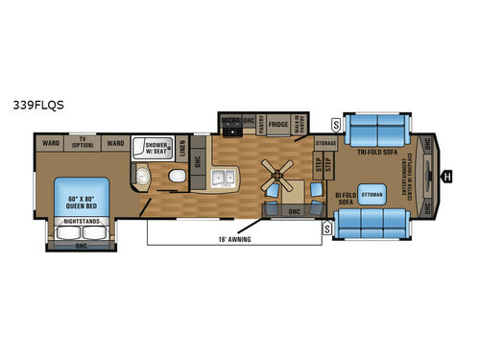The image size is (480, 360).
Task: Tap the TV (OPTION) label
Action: pyautogui.click(x=82, y=143)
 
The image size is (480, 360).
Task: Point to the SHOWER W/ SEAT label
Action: pyautogui.click(x=157, y=146)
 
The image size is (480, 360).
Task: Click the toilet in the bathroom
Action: pyautogui.click(x=174, y=178)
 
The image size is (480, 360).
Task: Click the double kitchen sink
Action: pyautogui.click(x=225, y=178)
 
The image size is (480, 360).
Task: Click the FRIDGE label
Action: pyautogui.click(x=278, y=124)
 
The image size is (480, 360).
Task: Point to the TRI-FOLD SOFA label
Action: pyautogui.click(x=379, y=152)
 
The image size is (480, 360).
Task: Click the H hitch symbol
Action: pyautogui.click(x=447, y=175)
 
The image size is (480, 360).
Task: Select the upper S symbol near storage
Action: pyautogui.click(x=335, y=124)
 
